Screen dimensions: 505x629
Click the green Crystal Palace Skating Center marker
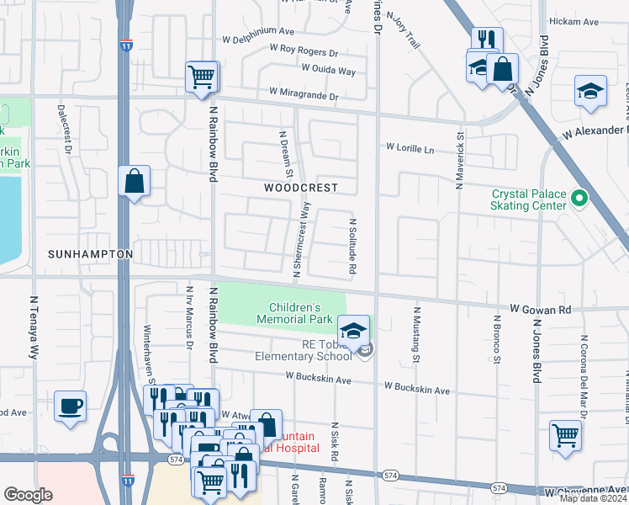(578, 199)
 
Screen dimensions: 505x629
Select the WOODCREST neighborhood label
(300, 188)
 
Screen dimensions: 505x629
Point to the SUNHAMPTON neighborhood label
(91, 253)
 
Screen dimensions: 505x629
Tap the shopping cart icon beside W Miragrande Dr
(202, 77)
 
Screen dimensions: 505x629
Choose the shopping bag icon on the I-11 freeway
(134, 181)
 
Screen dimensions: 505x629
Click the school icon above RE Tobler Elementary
(354, 329)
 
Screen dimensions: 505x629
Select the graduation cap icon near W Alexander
(590, 91)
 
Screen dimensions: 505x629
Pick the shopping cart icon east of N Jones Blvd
(565, 435)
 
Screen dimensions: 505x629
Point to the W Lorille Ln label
(410, 148)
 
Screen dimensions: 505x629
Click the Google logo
(29, 495)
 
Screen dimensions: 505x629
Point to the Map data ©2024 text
(593, 498)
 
